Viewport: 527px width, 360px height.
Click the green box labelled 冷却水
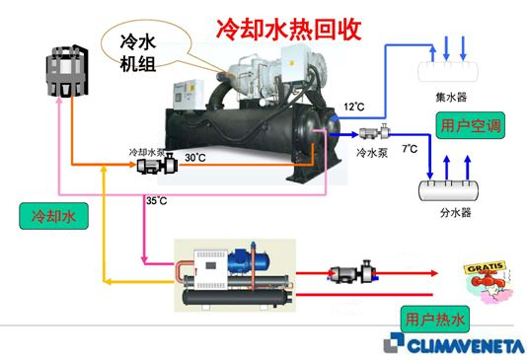tap(47, 214)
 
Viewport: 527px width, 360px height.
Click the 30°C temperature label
tap(194, 156)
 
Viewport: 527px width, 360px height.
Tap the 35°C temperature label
tap(156, 199)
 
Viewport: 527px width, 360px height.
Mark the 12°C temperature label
tap(353, 105)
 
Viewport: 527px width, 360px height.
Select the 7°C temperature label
tap(409, 148)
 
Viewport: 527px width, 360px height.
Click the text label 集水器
tap(449, 98)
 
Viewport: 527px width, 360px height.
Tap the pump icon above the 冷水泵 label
tap(376, 132)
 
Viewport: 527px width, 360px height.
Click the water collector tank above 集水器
tap(449, 72)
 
